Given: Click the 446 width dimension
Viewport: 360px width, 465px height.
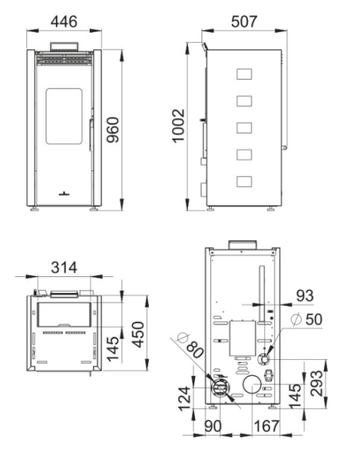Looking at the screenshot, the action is point(64,21).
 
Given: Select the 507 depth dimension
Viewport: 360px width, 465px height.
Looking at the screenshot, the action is point(244,21).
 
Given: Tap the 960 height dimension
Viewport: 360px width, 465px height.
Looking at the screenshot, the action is point(113,130).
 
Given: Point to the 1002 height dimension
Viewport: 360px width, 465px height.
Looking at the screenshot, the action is point(179,126).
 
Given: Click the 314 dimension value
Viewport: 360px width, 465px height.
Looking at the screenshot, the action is point(64,268).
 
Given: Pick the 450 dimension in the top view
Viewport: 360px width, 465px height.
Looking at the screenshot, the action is point(139,334).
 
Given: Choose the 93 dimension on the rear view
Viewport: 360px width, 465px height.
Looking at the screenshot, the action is point(305,295).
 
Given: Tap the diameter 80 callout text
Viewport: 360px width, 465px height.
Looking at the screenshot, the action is point(190,346).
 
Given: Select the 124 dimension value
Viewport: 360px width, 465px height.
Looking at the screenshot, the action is point(185,398).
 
